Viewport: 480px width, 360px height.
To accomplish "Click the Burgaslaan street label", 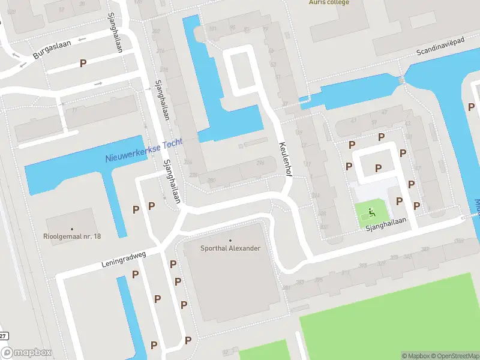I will pyautogui.click(x=47, y=52).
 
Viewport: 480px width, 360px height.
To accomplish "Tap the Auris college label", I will pyautogui.click(x=329, y=2).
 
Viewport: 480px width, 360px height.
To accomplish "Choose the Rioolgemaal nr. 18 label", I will pyautogui.click(x=72, y=236).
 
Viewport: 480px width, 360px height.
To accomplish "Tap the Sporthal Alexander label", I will pyautogui.click(x=230, y=248).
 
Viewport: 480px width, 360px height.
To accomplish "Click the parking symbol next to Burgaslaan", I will pyautogui.click(x=83, y=63).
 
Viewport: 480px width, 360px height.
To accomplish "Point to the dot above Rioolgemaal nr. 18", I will pyautogui.click(x=72, y=229).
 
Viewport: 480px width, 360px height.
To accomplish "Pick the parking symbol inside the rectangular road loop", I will pyautogui.click(x=378, y=168).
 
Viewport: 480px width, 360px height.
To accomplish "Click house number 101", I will pyautogui.click(x=212, y=28).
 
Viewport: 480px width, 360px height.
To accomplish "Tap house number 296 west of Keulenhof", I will pyautogui.click(x=260, y=163).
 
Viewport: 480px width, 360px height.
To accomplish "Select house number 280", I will pyautogui.click(x=211, y=180).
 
